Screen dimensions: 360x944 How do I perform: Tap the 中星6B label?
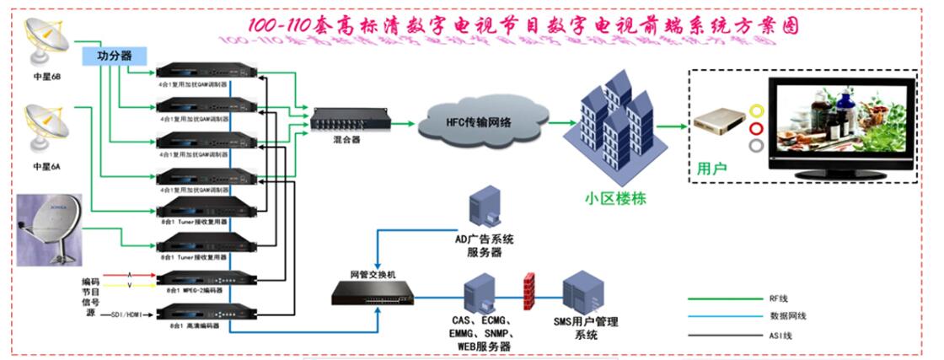pyautogui.click(x=47, y=78)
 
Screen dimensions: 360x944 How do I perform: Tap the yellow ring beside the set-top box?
pyautogui.click(x=756, y=110)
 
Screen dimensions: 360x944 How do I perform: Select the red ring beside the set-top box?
pyautogui.click(x=756, y=128)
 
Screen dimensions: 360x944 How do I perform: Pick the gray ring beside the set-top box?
pyautogui.click(x=756, y=146)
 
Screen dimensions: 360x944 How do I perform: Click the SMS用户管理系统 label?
pyautogui.click(x=586, y=328)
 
